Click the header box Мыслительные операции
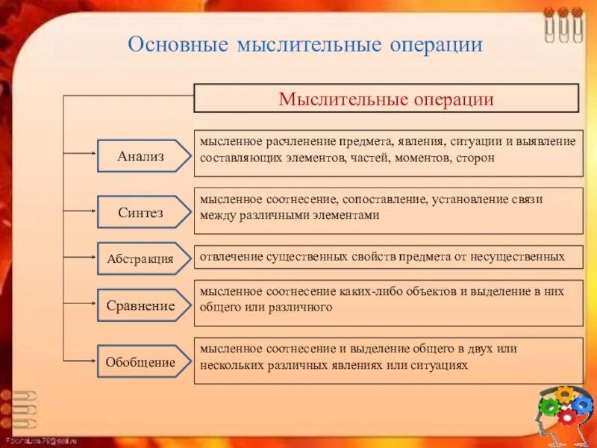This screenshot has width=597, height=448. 386,99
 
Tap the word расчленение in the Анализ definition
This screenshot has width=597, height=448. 296,142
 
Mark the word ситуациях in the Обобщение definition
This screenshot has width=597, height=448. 438,365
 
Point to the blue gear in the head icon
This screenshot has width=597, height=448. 582,405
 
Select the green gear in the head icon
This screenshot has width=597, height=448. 548,407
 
